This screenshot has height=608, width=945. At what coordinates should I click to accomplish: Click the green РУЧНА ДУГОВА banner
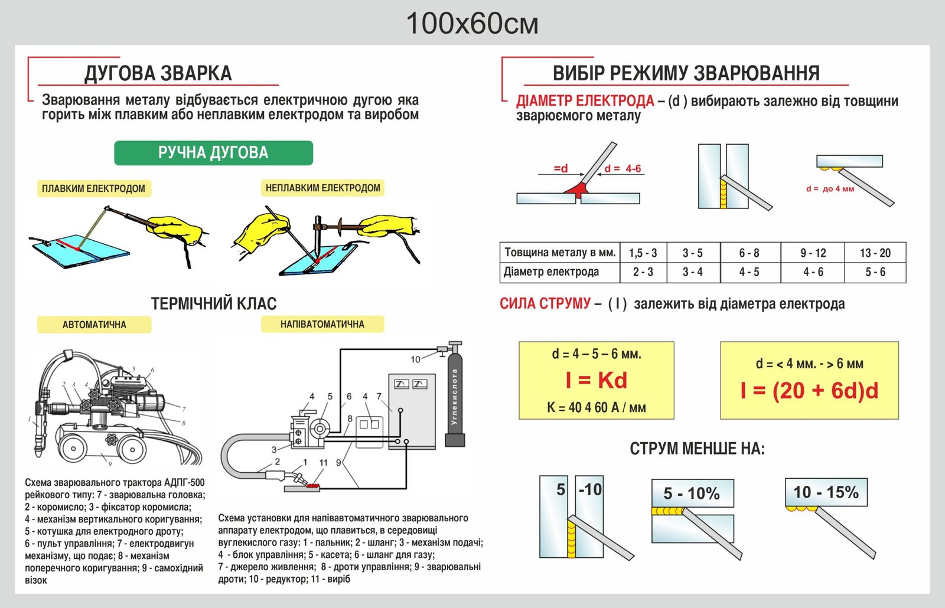[x=213, y=153]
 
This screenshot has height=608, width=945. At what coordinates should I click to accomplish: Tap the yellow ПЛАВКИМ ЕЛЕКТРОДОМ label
[x=93, y=188]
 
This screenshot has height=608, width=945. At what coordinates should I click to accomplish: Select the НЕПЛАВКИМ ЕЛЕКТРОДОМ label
[x=322, y=188]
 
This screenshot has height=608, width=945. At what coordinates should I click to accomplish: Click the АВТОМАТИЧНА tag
[x=94, y=325]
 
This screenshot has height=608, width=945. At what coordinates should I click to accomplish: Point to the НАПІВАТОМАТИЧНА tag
[x=322, y=324]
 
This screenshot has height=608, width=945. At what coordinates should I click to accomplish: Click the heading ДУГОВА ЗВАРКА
[x=158, y=73]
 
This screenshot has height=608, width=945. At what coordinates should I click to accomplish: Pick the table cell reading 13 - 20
[x=875, y=253]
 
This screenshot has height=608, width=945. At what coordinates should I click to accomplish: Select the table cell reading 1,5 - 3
[x=643, y=253]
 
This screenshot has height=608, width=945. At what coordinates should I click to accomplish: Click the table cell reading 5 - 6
[x=875, y=272]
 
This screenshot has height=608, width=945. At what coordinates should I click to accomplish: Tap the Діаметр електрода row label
[x=551, y=272]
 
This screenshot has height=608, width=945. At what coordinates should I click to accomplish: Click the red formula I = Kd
[x=596, y=381]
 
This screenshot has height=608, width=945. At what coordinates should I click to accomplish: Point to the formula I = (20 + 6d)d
[x=809, y=390]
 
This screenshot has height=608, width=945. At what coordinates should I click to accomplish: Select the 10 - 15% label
[x=826, y=492]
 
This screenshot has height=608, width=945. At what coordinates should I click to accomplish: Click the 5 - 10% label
[x=692, y=493]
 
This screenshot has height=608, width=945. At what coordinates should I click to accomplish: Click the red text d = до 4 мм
[x=830, y=189]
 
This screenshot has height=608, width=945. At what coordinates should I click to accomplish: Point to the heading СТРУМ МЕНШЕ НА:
[x=697, y=449]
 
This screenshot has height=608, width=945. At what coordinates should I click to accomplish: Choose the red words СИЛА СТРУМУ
[x=545, y=304]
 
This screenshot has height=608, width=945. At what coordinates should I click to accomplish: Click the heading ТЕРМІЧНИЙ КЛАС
[x=214, y=303]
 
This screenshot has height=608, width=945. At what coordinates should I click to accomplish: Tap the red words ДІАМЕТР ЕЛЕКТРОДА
[x=585, y=101]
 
